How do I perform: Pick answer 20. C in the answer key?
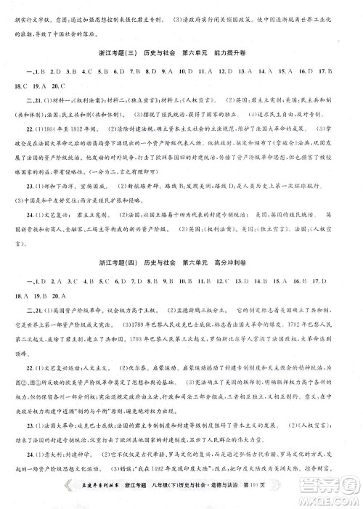tap(53, 86)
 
